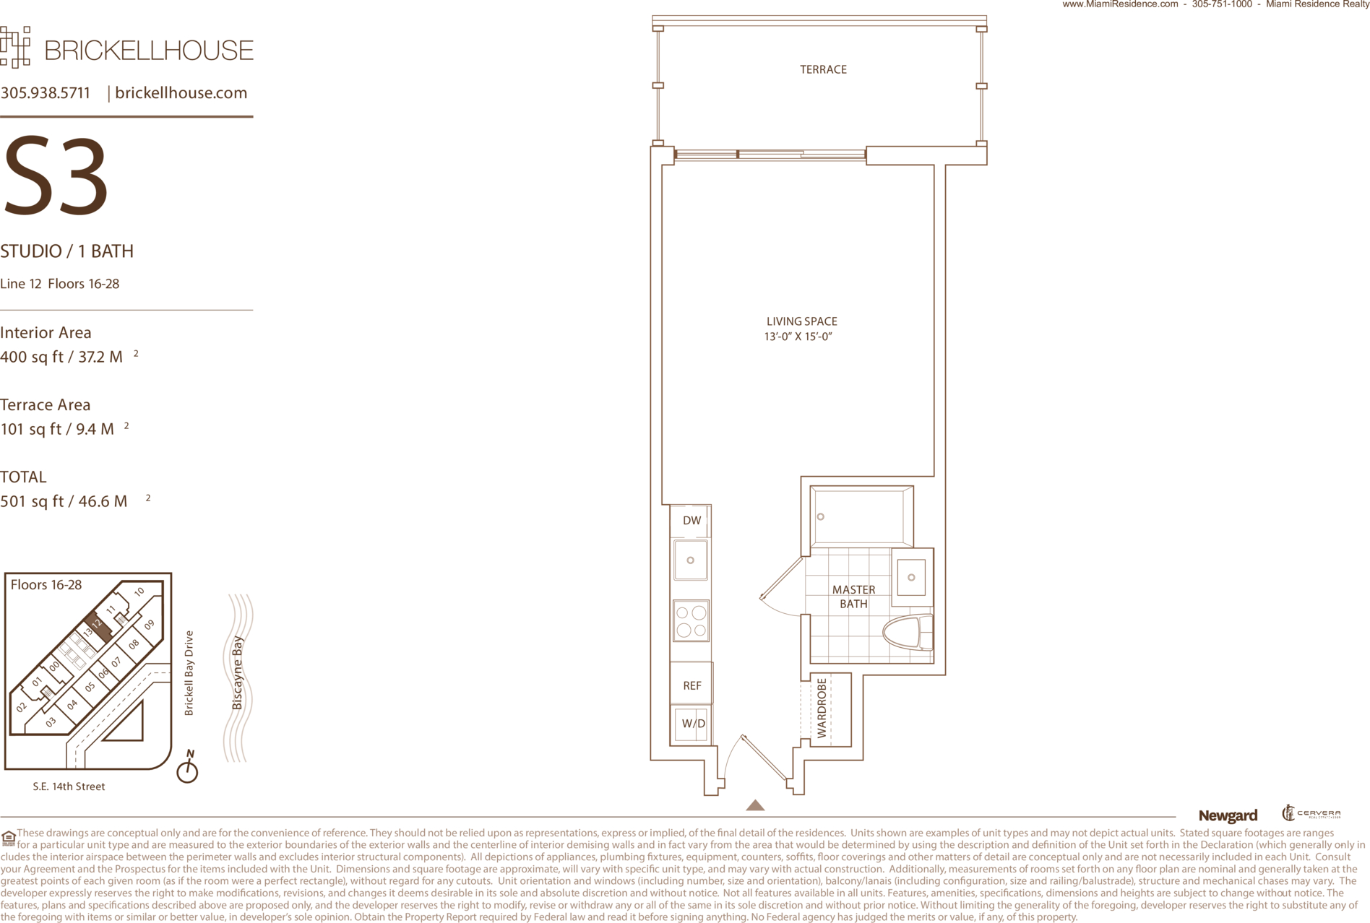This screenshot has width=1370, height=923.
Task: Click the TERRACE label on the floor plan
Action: [x=823, y=69]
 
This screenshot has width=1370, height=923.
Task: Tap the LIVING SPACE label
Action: [x=801, y=321]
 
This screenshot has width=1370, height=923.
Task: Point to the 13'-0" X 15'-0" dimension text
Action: [x=798, y=337]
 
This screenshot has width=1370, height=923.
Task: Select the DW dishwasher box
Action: [x=691, y=521]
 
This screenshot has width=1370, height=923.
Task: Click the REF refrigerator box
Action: [x=692, y=684]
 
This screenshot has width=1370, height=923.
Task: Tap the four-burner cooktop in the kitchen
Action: [x=691, y=621]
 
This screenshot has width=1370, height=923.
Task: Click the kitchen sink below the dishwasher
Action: [x=691, y=560]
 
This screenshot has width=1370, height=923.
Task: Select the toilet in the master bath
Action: [x=908, y=633]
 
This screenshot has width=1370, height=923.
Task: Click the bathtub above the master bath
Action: [x=861, y=516]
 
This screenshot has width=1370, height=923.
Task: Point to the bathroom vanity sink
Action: [x=912, y=577]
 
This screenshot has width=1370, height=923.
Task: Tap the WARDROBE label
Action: [x=822, y=708]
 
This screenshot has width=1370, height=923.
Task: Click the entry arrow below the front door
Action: [x=755, y=805]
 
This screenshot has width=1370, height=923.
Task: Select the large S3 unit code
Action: [x=56, y=177]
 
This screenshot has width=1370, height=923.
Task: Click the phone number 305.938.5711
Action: [x=46, y=92]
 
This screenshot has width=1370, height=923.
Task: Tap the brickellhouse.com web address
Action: [x=181, y=92]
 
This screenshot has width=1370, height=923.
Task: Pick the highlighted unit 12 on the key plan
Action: [x=98, y=626]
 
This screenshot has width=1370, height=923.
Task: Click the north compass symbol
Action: [x=188, y=767]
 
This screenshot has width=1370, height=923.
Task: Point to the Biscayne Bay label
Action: [x=237, y=672]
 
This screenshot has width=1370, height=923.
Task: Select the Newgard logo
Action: [x=1228, y=815]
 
